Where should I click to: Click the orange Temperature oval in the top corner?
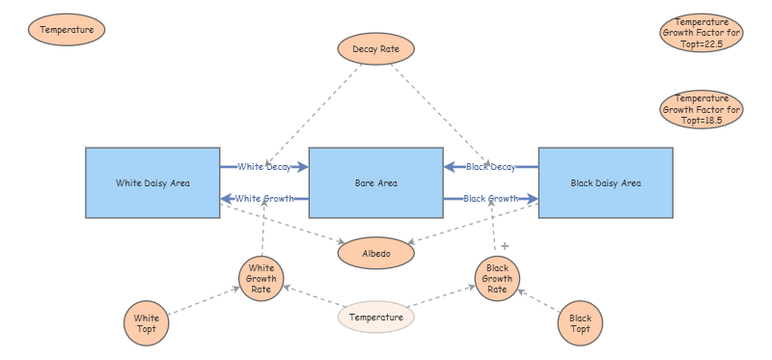coord(67,30)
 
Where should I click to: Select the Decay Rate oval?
coord(376,49)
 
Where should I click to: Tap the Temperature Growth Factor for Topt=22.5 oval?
coord(702,33)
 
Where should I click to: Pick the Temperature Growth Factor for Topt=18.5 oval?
coord(702,109)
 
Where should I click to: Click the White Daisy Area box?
coord(152,182)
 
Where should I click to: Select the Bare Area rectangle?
coord(376,182)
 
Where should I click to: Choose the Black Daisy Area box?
coord(606,182)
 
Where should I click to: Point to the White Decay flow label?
coord(264,167)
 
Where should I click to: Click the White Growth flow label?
coord(264,199)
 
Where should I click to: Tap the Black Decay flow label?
coord(491,167)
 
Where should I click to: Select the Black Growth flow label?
coord(491,199)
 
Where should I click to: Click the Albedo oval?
coord(376,254)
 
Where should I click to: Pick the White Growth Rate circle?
coord(261,279)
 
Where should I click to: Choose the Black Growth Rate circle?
coord(497,279)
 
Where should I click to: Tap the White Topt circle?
coord(147,323)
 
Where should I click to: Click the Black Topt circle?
coord(580,323)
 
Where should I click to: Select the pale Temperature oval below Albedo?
coord(376,318)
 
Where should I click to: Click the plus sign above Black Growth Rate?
coord(505,246)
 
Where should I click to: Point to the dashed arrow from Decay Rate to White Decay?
coord(313,115)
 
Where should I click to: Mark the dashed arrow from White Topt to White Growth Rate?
coord(204,300)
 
